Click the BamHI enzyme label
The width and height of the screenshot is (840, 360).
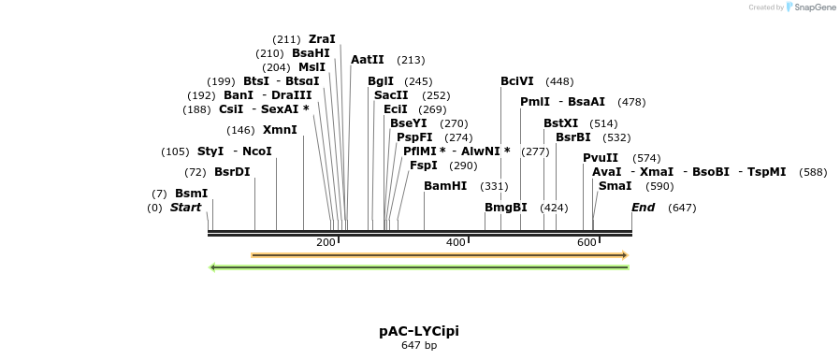pos(445,186)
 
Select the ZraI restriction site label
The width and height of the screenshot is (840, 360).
pos(322,39)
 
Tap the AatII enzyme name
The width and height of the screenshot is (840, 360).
pos(368,60)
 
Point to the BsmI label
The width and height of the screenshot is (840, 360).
pos(191,194)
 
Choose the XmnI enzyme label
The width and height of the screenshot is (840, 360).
pos(280,130)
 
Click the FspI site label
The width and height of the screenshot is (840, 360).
pos(424,166)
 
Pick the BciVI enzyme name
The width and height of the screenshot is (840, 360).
pos(517,81)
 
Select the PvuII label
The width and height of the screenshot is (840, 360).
pos(601,158)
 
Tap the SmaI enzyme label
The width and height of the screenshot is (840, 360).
pos(615,186)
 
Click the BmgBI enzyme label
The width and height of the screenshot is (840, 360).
pos(505,208)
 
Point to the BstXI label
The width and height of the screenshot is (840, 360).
pos(561,123)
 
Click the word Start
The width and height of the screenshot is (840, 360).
pos(185,208)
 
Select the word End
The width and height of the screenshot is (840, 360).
pos(644,208)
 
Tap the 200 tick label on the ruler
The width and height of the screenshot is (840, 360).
pos(326,243)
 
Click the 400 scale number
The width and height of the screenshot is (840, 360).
pos(456,243)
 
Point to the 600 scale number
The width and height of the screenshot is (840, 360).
pos(587,243)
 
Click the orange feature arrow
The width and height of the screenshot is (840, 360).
pos(439,254)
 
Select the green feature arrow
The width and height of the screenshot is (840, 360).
pos(420,267)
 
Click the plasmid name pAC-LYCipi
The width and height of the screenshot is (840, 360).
pos(419,331)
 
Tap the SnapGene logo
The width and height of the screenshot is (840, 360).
pos(810,7)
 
